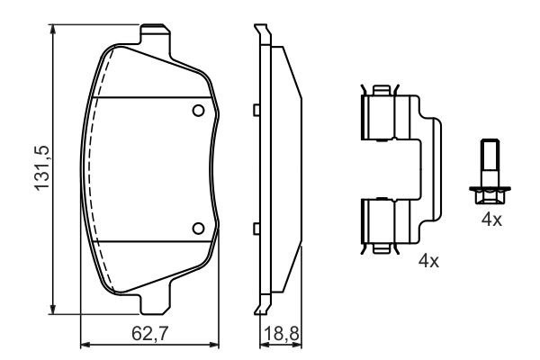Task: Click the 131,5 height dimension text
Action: (40, 170)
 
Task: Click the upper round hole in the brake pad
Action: (199, 110)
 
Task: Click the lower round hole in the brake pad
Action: (199, 227)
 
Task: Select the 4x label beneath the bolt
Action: (490, 219)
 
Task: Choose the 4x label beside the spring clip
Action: (428, 262)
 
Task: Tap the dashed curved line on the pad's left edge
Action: (94, 171)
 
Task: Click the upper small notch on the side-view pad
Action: (256, 110)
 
